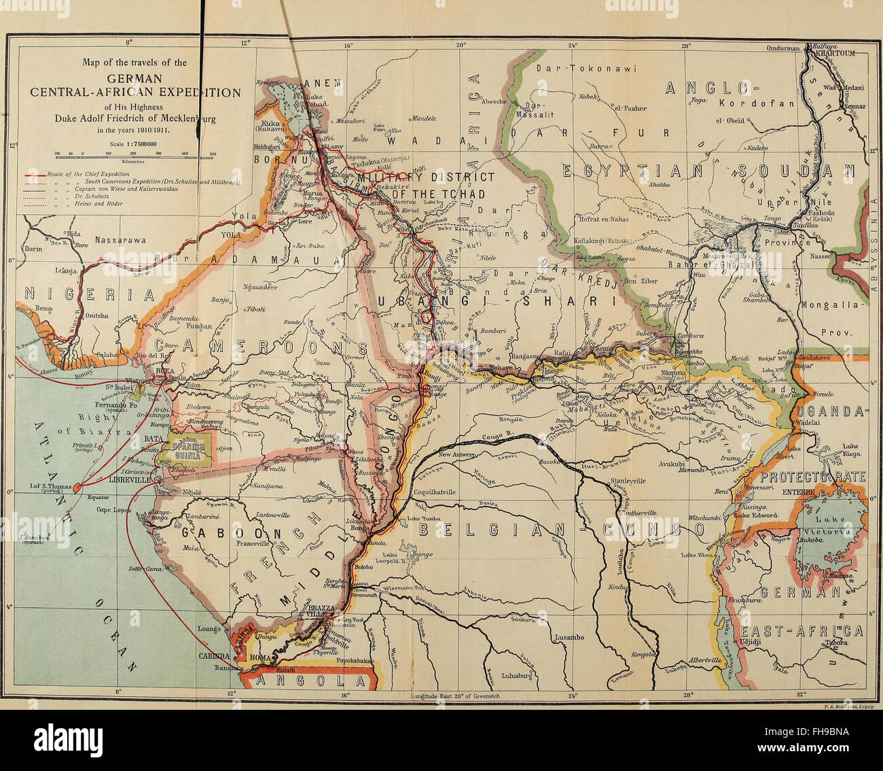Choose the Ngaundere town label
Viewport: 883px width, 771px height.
pos(260,287)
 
